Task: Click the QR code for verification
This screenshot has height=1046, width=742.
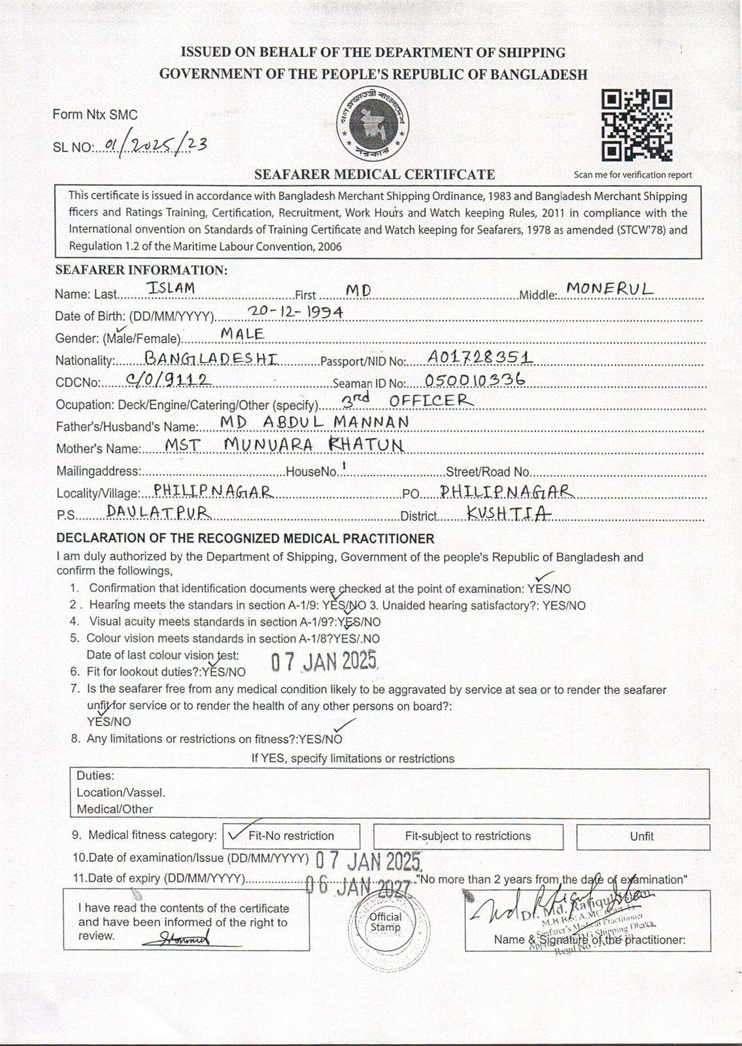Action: coord(637,126)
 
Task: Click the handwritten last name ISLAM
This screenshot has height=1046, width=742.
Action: coord(171,288)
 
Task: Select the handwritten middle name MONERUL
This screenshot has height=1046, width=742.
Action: coord(609,288)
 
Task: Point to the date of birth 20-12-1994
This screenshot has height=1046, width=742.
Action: coord(296,312)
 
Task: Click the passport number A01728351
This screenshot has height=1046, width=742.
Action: coord(479,356)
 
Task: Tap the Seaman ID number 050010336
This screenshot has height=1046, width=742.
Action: coord(475,380)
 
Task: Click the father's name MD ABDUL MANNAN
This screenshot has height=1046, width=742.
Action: coord(314,422)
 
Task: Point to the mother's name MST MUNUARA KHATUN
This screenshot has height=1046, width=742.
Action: coord(284,445)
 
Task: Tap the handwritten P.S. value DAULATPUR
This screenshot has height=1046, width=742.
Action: coord(159,512)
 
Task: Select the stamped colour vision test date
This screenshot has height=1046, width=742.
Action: coord(324,662)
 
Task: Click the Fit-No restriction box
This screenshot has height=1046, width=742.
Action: coord(291,835)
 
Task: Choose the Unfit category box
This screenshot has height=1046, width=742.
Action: coord(642,836)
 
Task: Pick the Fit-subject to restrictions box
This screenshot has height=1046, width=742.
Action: coord(467,836)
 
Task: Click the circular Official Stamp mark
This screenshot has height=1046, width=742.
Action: coord(385,922)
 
